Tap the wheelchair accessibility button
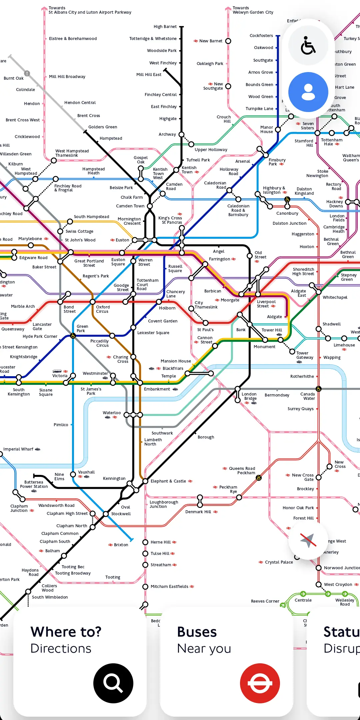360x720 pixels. point(308,46)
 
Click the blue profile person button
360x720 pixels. point(308,92)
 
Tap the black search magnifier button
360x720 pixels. point(113,683)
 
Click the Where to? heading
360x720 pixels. point(66,632)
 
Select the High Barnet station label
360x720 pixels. point(165,27)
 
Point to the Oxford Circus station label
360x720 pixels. point(103,309)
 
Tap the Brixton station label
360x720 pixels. point(121,545)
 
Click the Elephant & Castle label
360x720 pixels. point(168,481)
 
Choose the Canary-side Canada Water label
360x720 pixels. point(307,396)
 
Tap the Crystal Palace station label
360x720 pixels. point(279,562)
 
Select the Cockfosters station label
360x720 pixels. point(261,36)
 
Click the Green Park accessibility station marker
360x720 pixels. point(73,336)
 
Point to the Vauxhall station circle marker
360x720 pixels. point(73,474)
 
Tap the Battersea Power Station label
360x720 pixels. point(34,484)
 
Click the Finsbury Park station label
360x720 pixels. point(277,162)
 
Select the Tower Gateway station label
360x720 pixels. point(305,355)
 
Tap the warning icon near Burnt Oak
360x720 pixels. point(27,73)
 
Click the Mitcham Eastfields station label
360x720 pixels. point(169,586)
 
